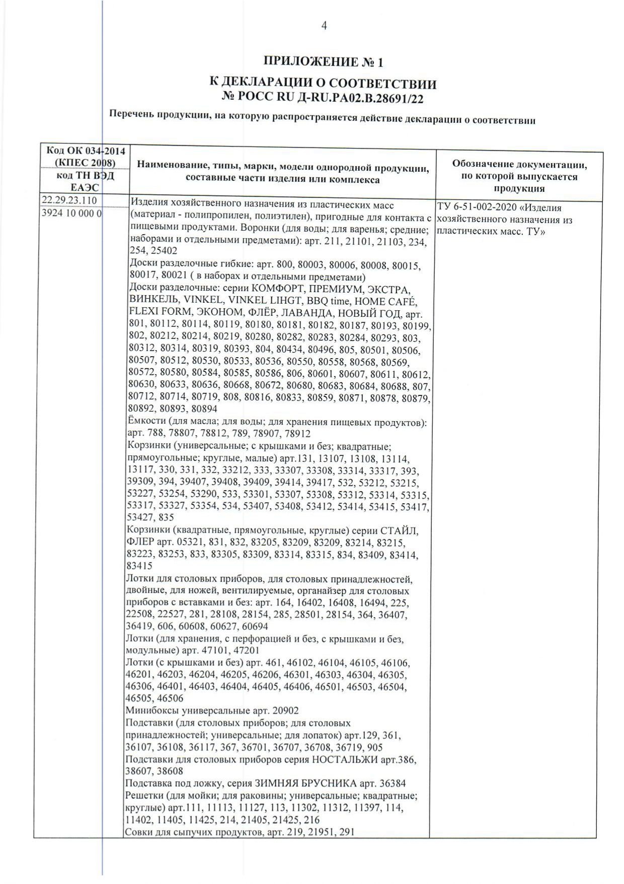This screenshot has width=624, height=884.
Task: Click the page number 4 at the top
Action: pos(324,26)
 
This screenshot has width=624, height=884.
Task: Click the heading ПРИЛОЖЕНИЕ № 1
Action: pos(324,62)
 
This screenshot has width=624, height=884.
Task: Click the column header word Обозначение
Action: pos(483,164)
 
